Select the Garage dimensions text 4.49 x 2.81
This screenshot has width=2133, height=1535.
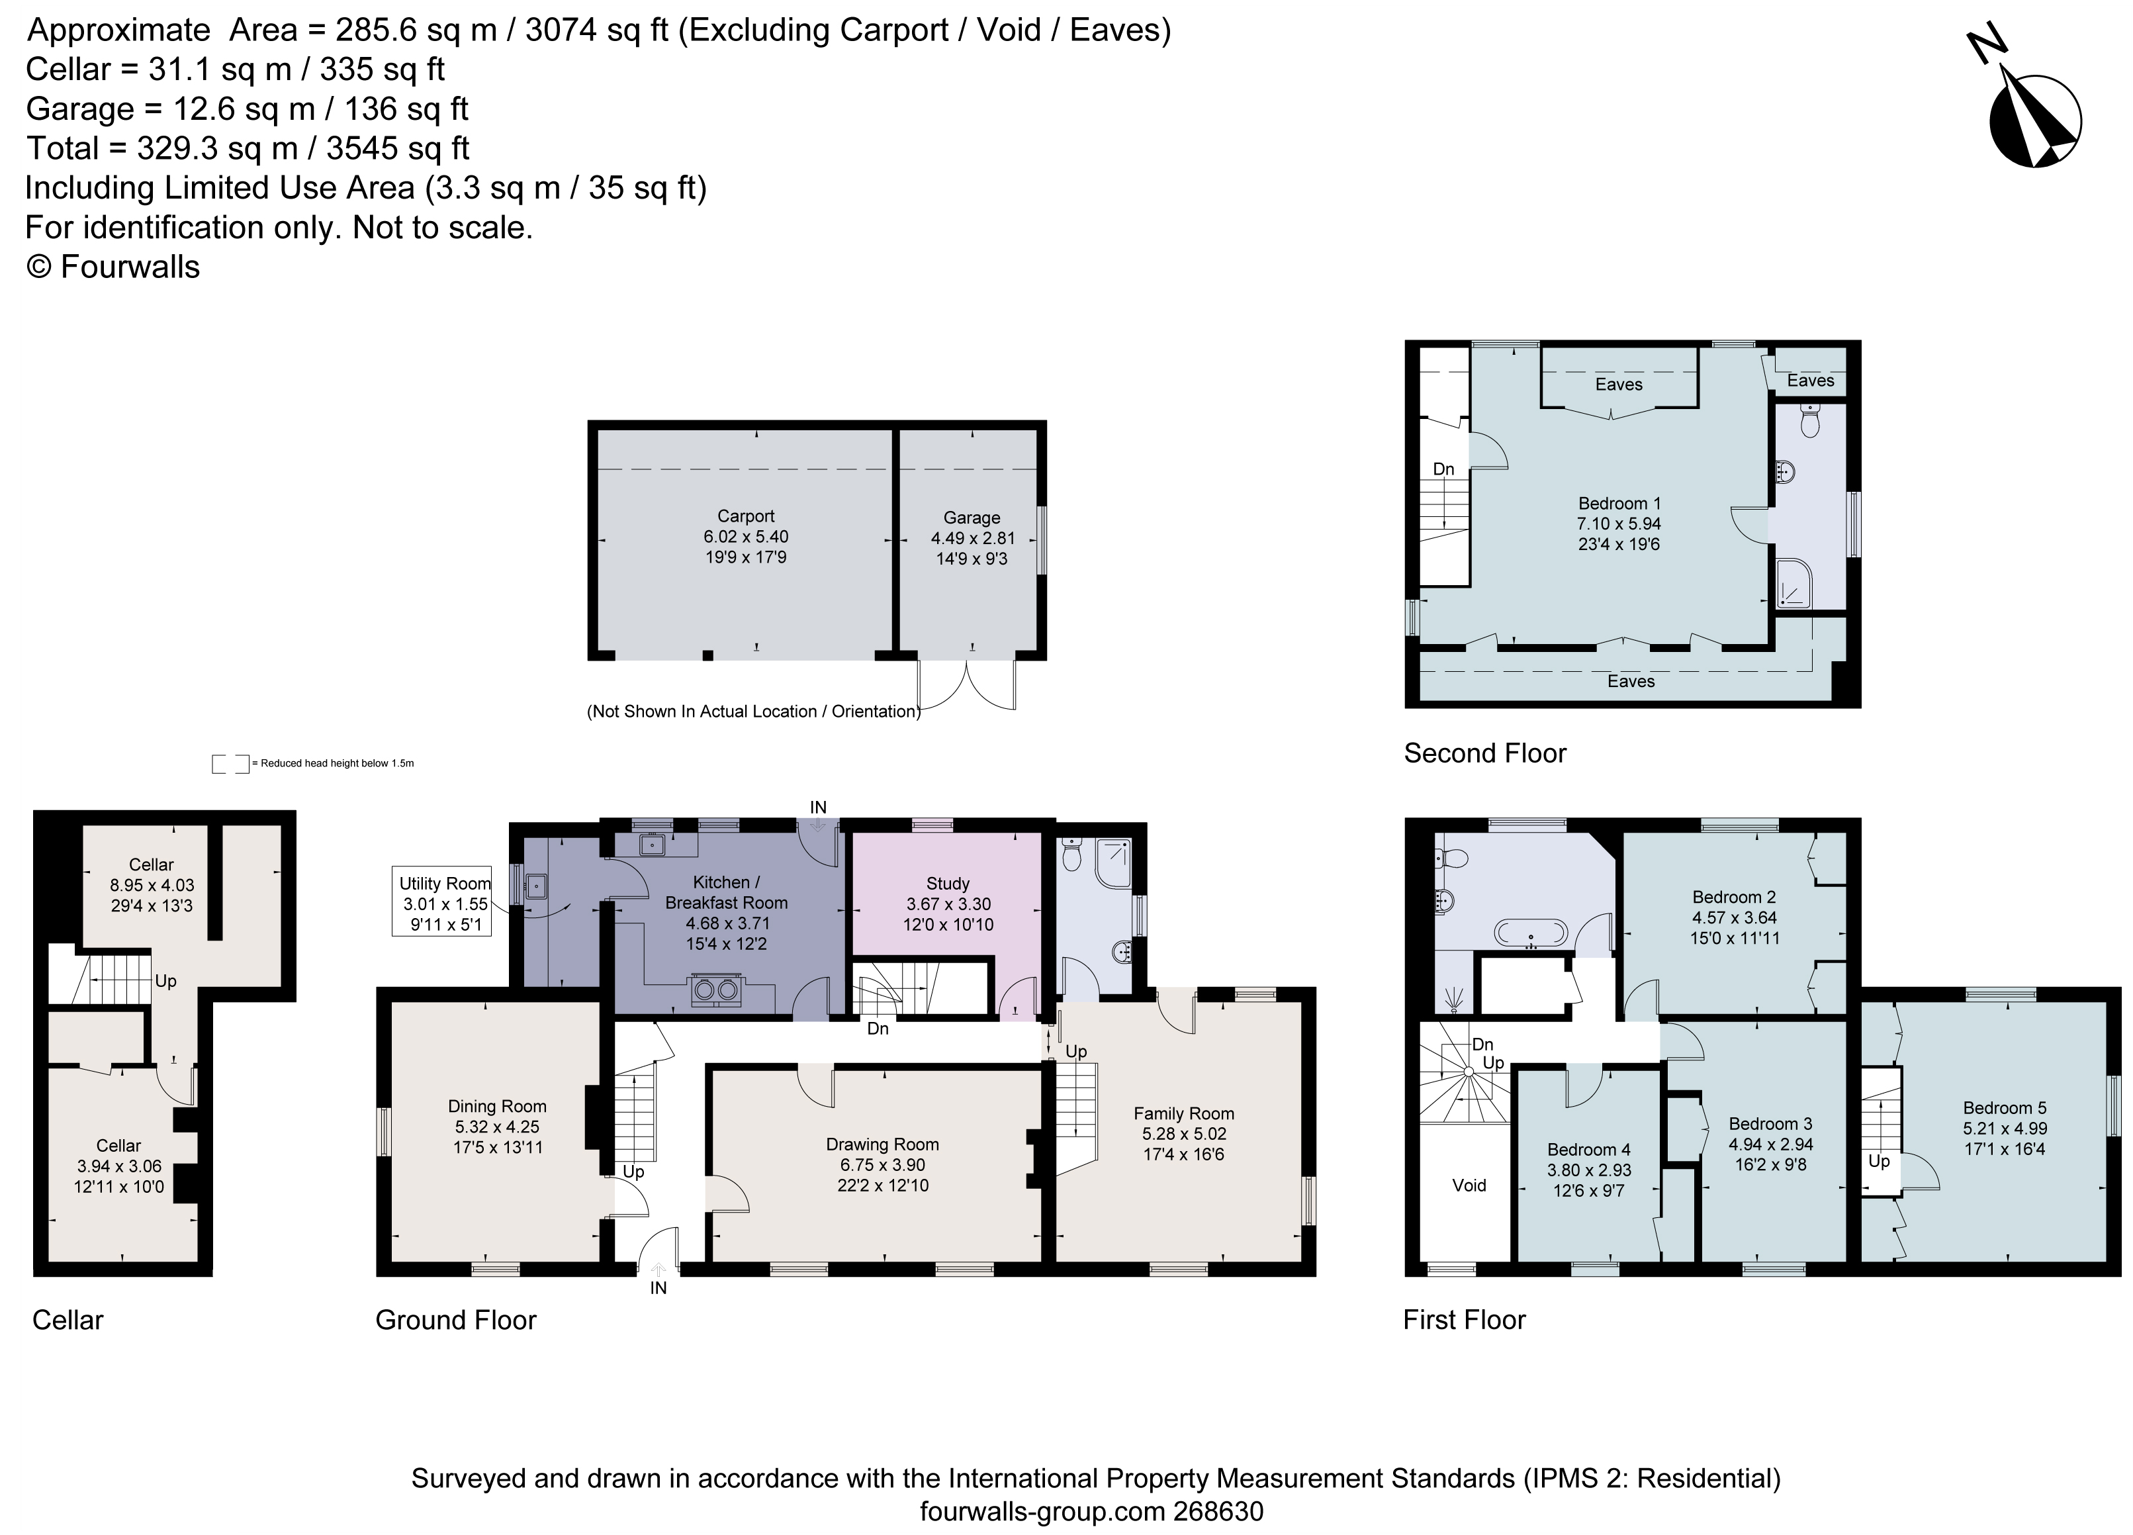[972, 538]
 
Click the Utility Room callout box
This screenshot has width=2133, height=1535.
[444, 903]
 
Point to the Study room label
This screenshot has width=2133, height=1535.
[947, 883]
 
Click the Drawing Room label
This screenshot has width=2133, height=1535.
[882, 1144]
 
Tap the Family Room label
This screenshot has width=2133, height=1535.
[1183, 1113]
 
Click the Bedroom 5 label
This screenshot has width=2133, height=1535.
[2004, 1107]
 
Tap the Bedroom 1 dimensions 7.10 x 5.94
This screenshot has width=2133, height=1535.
[1619, 523]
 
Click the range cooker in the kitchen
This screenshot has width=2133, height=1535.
[715, 990]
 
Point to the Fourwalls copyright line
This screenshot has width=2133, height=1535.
[113, 267]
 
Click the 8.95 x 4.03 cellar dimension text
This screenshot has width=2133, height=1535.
[152, 885]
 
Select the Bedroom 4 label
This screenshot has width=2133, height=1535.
[1588, 1149]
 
